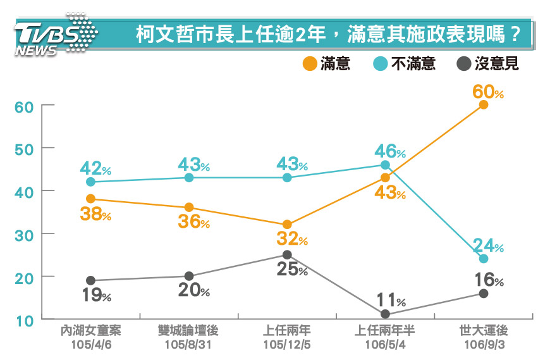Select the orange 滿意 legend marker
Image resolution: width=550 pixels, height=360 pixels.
(x=310, y=64)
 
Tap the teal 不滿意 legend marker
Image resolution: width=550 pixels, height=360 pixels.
(x=381, y=64)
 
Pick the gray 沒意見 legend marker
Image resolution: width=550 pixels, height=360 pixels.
(x=463, y=64)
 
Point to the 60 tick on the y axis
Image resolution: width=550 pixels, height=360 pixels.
(x=24, y=106)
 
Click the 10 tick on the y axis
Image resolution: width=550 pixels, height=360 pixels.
(x=24, y=320)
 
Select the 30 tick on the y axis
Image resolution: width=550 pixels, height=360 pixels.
(x=24, y=234)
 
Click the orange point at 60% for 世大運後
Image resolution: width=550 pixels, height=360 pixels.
(x=484, y=104)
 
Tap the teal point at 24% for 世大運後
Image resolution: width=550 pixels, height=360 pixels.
(x=484, y=258)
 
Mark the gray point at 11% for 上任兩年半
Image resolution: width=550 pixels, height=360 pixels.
(x=386, y=314)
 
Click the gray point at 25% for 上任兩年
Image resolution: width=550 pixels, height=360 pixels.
(x=287, y=254)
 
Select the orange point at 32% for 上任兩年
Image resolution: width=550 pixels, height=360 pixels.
(x=287, y=224)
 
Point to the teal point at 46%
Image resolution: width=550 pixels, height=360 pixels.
(x=386, y=164)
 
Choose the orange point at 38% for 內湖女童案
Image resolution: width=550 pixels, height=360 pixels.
(x=90, y=199)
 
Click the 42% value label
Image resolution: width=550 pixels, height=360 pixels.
(x=95, y=168)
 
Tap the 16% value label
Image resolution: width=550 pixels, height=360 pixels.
(x=488, y=280)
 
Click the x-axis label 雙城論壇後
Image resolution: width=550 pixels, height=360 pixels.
(x=188, y=331)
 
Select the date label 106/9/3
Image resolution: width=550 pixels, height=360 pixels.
(x=484, y=345)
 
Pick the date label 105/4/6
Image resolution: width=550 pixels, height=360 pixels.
(x=90, y=345)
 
